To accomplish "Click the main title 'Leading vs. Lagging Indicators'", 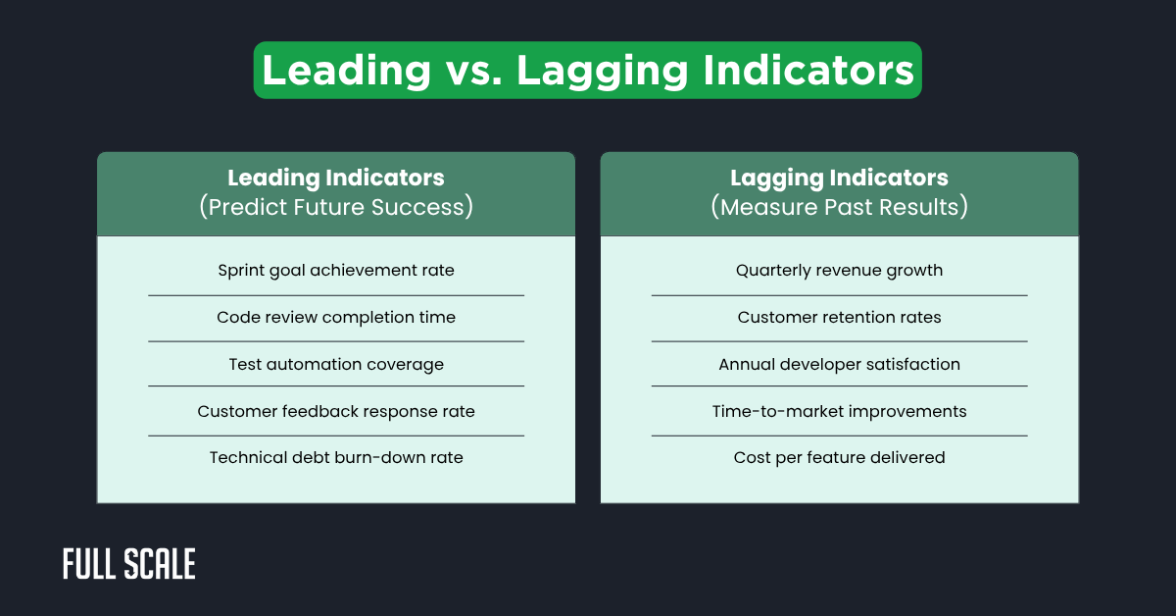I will tap(587, 71).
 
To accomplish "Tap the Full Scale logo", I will tap(129, 564).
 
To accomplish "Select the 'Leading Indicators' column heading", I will tap(335, 178).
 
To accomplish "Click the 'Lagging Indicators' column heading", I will tap(839, 178).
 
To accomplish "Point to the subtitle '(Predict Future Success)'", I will tap(335, 207).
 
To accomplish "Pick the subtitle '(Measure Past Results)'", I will tap(839, 207).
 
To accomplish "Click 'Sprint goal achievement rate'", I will tap(335, 270).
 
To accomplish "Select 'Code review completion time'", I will tap(335, 317).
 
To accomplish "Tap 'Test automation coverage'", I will tap(335, 364).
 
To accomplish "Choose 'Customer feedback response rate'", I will tap(335, 411).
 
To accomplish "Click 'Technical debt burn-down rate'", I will tap(335, 457).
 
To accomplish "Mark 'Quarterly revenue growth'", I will tap(839, 270).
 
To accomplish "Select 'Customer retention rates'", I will tap(839, 317).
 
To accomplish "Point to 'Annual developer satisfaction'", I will tap(839, 364).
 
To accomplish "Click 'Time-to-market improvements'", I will tap(839, 411).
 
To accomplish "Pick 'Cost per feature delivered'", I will tap(839, 457).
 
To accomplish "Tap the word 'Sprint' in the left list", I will tap(241, 270).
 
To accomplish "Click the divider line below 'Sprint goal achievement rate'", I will tap(335, 294).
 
